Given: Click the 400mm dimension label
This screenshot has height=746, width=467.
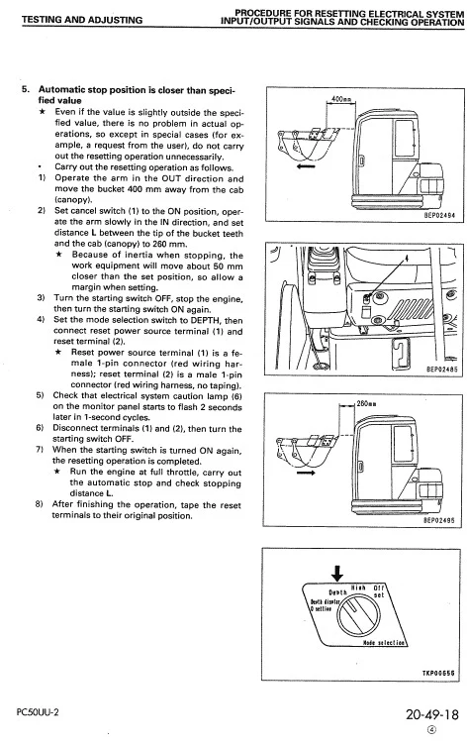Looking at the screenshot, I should [x=341, y=99].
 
